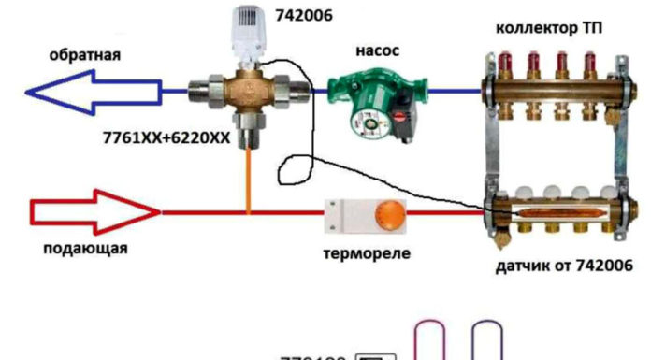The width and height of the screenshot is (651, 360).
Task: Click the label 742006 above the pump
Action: tap(301, 17)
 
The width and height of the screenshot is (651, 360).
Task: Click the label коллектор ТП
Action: tap(549, 29)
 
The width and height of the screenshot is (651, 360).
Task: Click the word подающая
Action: tap(84, 249)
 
